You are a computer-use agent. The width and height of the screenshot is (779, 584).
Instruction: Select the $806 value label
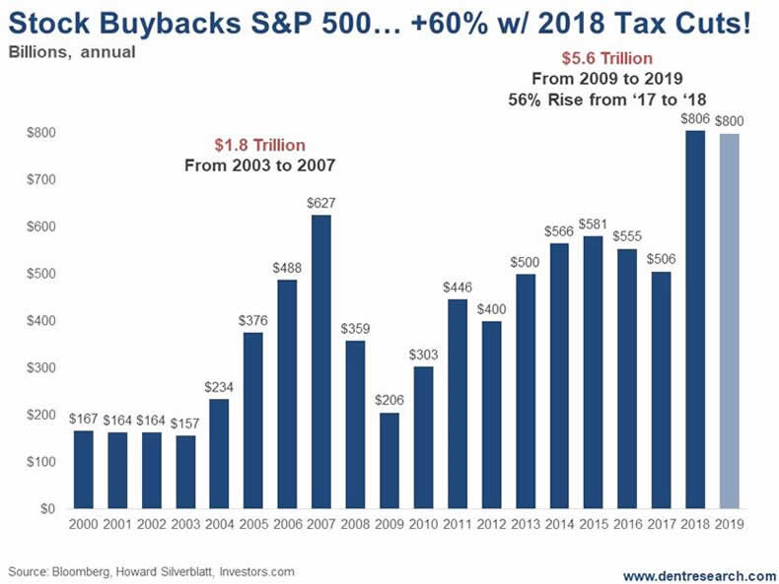(x=695, y=119)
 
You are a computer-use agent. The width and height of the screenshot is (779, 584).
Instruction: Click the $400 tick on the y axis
(x=39, y=321)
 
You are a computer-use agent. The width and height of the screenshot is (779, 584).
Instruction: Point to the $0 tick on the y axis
(x=45, y=509)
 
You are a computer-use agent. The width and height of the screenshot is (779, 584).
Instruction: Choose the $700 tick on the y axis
(x=39, y=180)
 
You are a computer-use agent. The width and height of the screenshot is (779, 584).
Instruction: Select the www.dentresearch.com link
(x=699, y=574)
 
